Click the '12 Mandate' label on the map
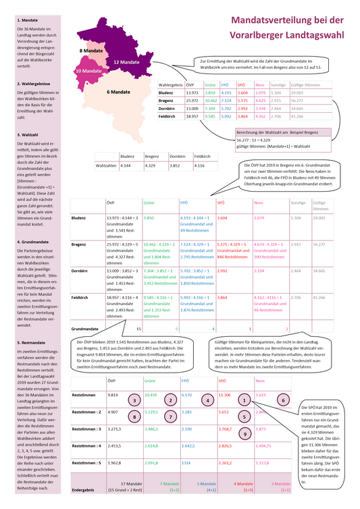point(126,61)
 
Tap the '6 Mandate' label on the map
point(118,92)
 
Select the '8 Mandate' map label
point(91,51)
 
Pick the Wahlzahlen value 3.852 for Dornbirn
point(176,165)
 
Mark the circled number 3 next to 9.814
point(136,400)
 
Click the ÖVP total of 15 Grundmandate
point(139,328)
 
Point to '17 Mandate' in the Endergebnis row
point(129,483)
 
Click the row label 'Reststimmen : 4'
point(86,445)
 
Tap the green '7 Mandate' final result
point(169,483)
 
